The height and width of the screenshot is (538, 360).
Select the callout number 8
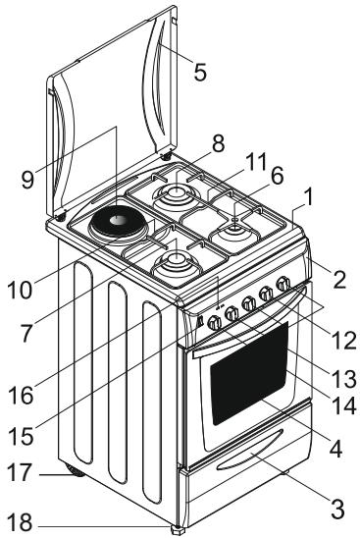pyautogui.click(x=218, y=144)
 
